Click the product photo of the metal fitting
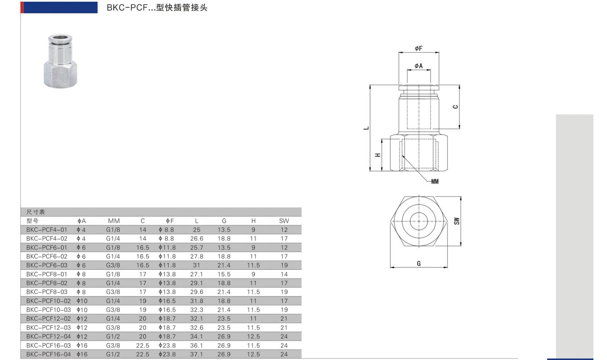[60, 61]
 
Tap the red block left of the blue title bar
[22, 7]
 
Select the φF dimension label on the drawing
[418, 48]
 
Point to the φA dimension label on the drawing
[418, 66]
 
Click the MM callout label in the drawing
[435, 182]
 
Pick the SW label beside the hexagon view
[457, 221]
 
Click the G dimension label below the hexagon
[419, 263]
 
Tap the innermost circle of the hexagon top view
[418, 221]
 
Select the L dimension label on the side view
[366, 128]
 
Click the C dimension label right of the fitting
[455, 107]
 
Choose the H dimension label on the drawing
[378, 155]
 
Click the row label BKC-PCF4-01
[47, 230]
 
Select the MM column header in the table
[114, 221]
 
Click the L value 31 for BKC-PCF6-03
[196, 265]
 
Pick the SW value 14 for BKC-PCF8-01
[284, 274]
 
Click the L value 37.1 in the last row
[196, 354]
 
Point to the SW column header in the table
[284, 221]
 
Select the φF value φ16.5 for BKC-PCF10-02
[167, 301]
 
